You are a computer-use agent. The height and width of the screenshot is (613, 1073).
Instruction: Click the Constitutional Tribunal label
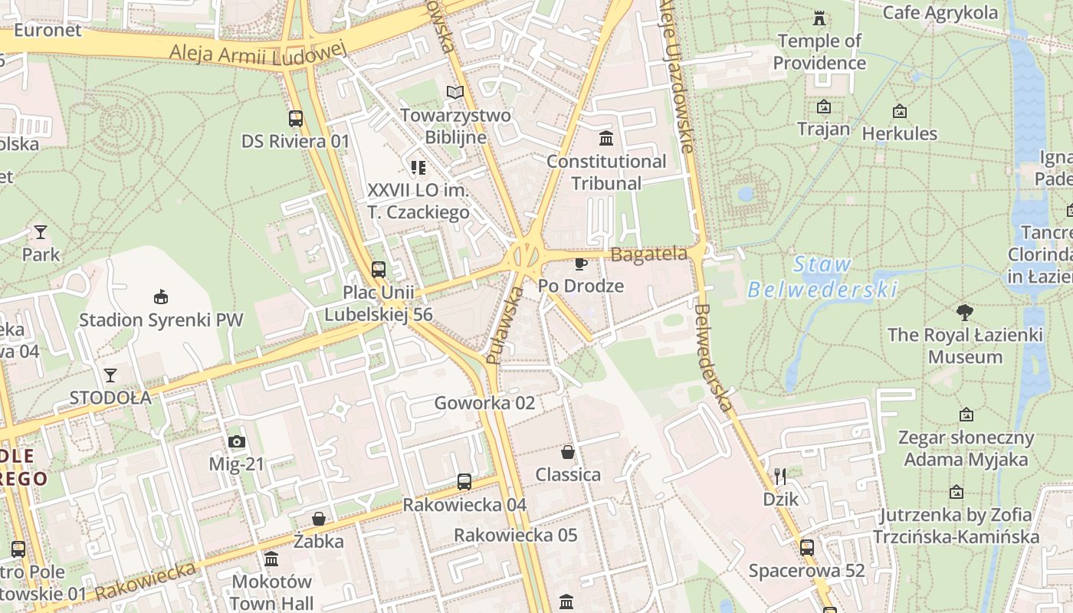(x=606, y=172)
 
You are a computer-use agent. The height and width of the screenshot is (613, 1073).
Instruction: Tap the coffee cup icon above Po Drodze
(x=581, y=264)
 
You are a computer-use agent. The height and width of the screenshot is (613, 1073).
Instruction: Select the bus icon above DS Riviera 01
(x=296, y=119)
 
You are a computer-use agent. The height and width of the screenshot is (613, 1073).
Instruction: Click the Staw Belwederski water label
(x=822, y=277)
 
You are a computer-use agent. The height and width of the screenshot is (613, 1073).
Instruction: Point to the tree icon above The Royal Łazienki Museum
(x=965, y=313)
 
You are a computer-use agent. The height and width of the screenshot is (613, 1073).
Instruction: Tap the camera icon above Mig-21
(x=237, y=441)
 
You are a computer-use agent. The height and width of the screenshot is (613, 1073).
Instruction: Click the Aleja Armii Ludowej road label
(x=258, y=51)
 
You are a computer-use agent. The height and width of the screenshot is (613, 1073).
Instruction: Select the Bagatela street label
(x=649, y=254)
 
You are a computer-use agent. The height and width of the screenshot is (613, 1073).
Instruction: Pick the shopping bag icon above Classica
(x=568, y=452)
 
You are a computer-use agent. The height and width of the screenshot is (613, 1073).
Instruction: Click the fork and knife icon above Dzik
(x=780, y=477)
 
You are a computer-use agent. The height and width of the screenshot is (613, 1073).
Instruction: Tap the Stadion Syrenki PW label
(x=161, y=320)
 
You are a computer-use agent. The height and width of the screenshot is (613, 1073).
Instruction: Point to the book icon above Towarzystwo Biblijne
(x=455, y=93)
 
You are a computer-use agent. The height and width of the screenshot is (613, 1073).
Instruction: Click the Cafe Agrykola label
(x=940, y=12)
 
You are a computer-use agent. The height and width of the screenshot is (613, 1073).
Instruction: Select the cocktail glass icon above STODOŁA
(x=110, y=375)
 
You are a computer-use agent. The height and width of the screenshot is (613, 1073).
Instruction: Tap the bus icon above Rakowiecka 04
(x=464, y=482)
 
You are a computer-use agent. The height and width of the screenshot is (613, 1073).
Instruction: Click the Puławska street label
(x=504, y=325)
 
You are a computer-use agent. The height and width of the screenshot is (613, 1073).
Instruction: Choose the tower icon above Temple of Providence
(x=819, y=18)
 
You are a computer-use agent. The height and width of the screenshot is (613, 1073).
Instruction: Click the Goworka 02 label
(x=484, y=403)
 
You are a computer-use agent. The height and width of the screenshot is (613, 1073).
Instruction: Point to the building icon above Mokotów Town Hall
(x=271, y=559)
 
